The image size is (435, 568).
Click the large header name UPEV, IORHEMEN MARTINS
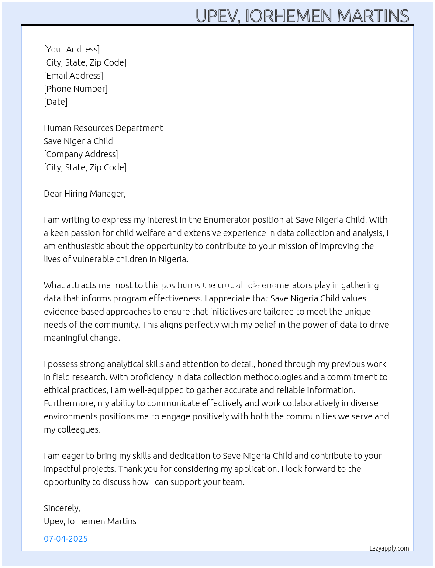coord(302,16)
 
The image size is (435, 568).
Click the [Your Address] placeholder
coord(72,49)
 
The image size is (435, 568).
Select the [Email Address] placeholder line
coord(73,76)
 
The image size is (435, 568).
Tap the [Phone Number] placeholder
coord(76,89)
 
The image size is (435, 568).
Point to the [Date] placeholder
coord(55,102)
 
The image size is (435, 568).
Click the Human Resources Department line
coord(103,128)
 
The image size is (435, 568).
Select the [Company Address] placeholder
coord(81,154)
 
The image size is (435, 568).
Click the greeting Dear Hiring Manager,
coord(85,194)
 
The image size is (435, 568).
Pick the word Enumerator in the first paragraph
coord(226,220)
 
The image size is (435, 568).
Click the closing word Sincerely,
coord(62,508)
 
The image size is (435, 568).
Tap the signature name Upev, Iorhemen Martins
coord(90,521)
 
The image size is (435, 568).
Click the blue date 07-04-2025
coord(66,539)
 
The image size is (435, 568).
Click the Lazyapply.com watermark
coord(389,548)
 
